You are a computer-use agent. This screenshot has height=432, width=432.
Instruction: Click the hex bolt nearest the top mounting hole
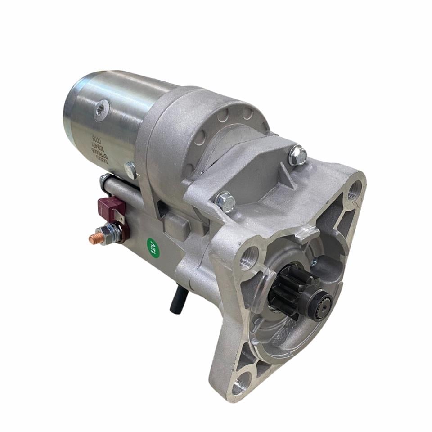[297, 155]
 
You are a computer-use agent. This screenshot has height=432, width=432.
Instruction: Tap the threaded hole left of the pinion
[248, 260]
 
